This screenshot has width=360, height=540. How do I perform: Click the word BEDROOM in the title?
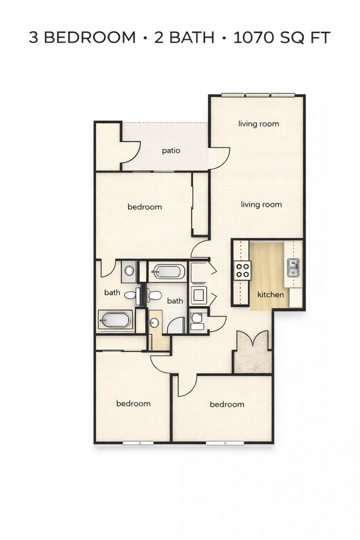(x=90, y=38)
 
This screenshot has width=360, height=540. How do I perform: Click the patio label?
(x=171, y=150)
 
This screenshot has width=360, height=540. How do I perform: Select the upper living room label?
(x=259, y=124)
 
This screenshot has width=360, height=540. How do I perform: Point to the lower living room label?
(x=261, y=204)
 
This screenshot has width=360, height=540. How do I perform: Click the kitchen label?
(x=270, y=295)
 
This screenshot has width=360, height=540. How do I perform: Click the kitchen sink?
(x=293, y=268)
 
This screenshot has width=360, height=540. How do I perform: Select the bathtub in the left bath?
(x=116, y=320)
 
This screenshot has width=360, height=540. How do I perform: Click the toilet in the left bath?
(x=131, y=295)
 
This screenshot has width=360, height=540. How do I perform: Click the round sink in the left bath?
(x=130, y=271)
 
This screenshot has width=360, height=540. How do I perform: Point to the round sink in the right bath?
(x=155, y=322)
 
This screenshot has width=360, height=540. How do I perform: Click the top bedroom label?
(x=145, y=207)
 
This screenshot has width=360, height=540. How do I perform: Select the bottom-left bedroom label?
(x=133, y=403)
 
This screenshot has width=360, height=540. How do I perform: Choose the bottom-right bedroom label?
(x=227, y=404)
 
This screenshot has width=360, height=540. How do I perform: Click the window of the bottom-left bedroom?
(x=138, y=443)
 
